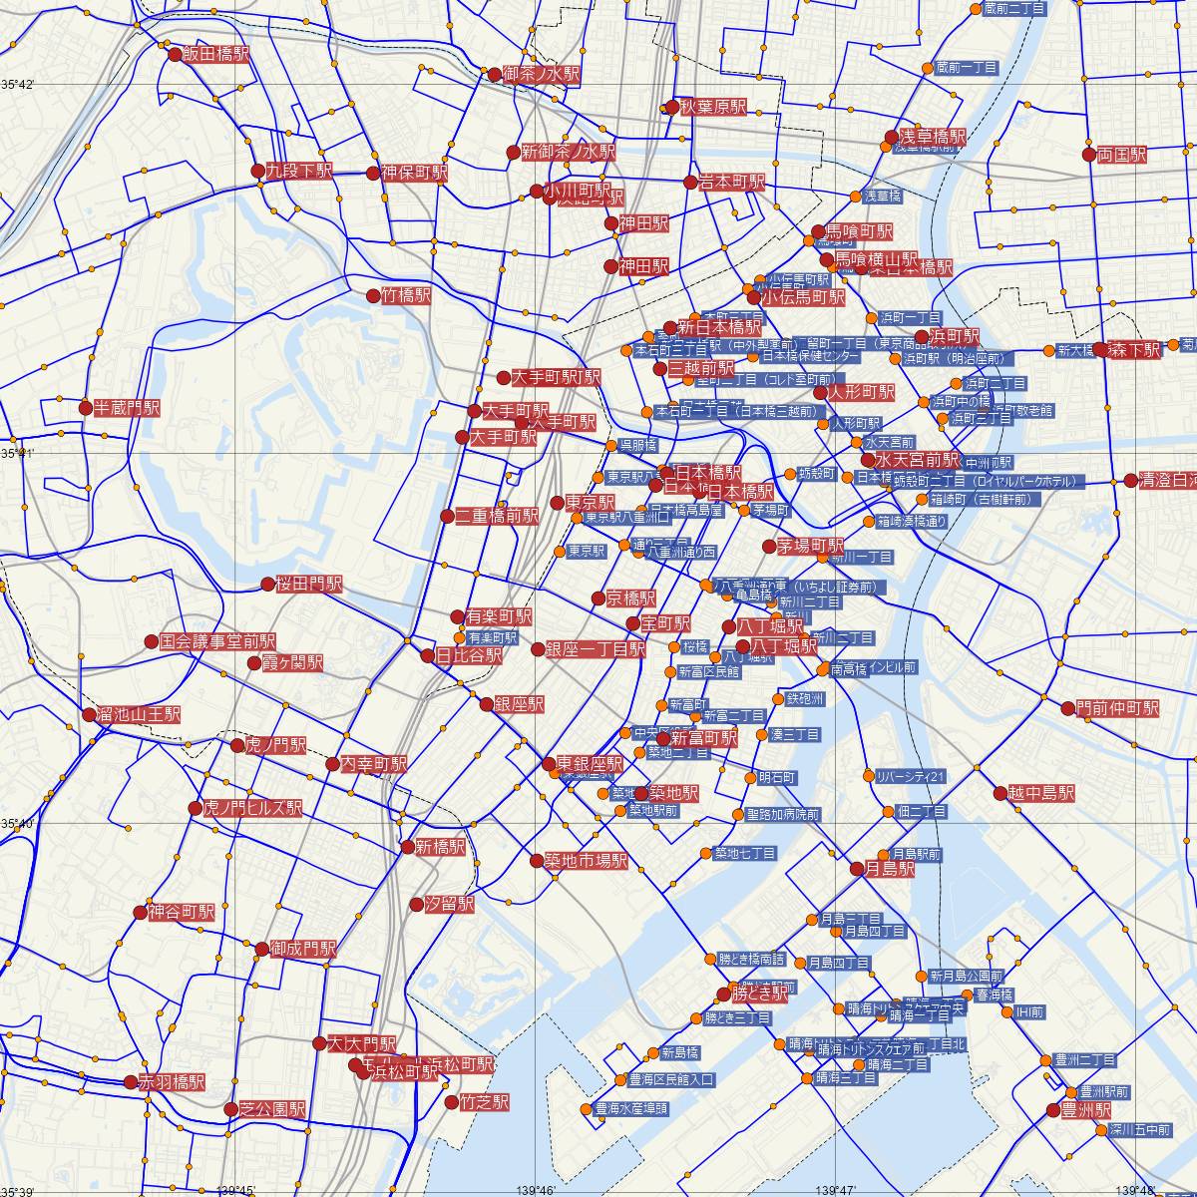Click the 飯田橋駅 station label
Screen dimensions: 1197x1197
[x=215, y=55]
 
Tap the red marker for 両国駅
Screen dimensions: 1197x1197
[x=1089, y=155]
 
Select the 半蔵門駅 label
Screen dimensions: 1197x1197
[x=126, y=408]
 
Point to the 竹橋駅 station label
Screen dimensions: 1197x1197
[x=406, y=295]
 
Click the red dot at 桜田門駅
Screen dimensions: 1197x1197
[x=267, y=585]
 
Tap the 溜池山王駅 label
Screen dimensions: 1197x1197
[x=139, y=714]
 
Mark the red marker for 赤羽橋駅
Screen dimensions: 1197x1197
[x=131, y=1081]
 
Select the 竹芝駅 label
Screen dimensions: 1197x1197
[x=484, y=1102]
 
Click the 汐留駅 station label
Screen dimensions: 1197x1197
[x=449, y=905]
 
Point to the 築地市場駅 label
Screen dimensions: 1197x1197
[x=586, y=860]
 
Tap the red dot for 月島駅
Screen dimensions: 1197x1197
[x=856, y=869]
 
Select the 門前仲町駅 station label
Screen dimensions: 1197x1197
[x=1117, y=709]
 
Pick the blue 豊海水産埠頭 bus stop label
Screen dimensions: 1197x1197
[x=631, y=1108]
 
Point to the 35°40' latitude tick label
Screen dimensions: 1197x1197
[x=18, y=824]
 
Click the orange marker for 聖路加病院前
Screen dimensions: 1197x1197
[x=738, y=815]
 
